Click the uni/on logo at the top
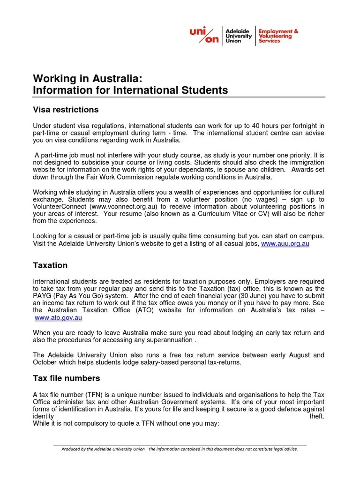coord(204,35)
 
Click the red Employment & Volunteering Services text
coord(278,36)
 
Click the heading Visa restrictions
coord(66,110)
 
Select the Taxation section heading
coord(50,265)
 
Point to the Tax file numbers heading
coord(66,378)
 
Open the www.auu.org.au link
coord(285,244)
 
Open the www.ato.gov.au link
coord(59,317)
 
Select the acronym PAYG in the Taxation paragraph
coord(43,296)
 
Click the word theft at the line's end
coord(316,416)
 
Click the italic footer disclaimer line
coord(180,449)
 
